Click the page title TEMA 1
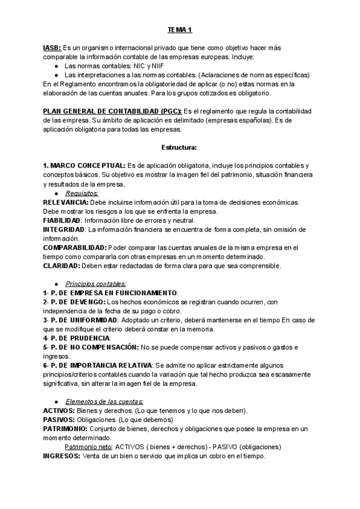[180, 29]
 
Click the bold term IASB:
[52, 47]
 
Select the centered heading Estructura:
[180, 147]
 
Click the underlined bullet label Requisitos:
[82, 193]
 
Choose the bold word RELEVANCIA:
[65, 202]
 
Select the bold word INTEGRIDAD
[64, 229]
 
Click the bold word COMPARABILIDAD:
[74, 247]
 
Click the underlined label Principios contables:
[96, 283]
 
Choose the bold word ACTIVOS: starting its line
[59, 411]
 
